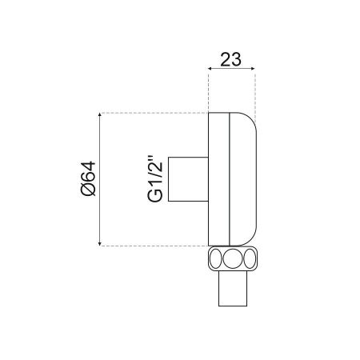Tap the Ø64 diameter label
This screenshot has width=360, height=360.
pyautogui.click(x=88, y=177)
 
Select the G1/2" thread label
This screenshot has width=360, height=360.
pyautogui.click(x=158, y=178)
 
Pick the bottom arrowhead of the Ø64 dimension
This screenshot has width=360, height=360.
pyautogui.click(x=99, y=242)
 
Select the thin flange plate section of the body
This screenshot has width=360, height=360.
pyautogui.click(x=218, y=178)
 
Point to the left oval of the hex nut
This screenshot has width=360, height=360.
pyautogui.click(x=214, y=258)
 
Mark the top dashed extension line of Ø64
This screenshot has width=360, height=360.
pyautogui.click(x=152, y=112)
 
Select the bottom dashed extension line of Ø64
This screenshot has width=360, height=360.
pyautogui.click(x=152, y=244)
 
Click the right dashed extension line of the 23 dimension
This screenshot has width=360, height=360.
pyautogui.click(x=255, y=92)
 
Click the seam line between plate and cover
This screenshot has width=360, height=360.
pyautogui.click(x=230, y=178)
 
